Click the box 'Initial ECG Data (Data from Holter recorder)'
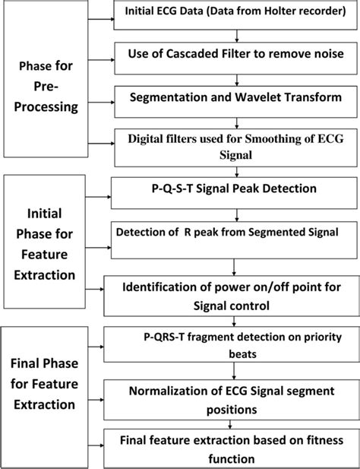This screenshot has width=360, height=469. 237,15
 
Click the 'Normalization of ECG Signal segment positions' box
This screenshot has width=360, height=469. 237,401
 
